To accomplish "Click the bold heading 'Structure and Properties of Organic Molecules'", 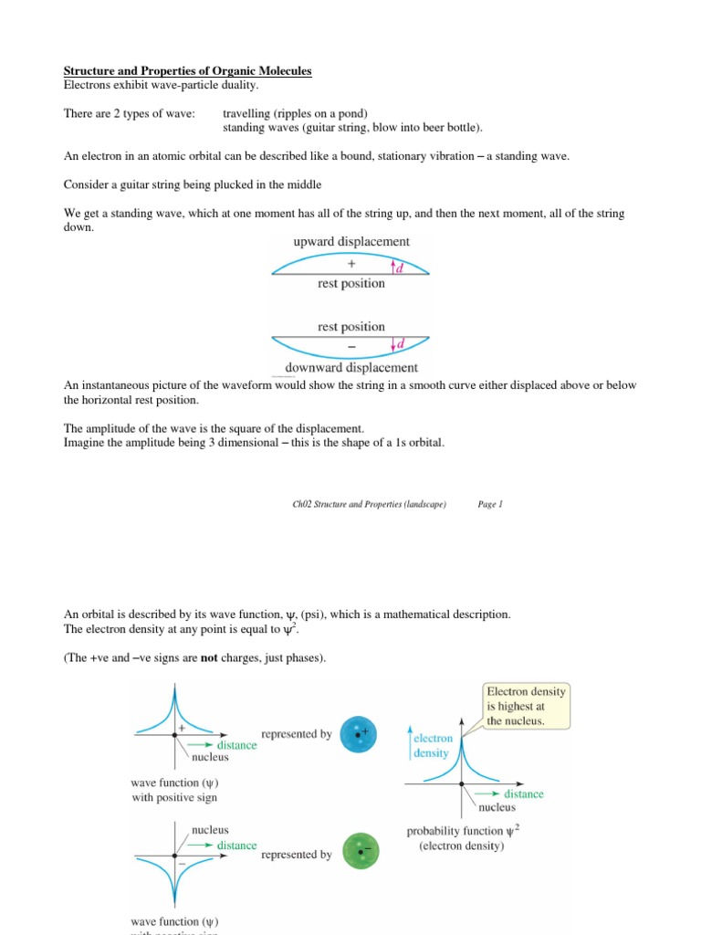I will click(x=187, y=71).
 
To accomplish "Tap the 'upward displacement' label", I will click(x=350, y=242).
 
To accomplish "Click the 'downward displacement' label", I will click(x=350, y=367).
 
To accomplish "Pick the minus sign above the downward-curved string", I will click(x=351, y=345).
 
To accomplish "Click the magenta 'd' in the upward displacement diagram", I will click(x=400, y=268).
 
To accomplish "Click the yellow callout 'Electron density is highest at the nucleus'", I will click(x=527, y=706).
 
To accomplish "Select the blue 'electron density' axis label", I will click(x=433, y=746).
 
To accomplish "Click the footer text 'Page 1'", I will click(x=490, y=503).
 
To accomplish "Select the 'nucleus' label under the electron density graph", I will click(x=497, y=807).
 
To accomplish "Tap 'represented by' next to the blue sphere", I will click(x=296, y=734).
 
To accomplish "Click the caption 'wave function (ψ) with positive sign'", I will click(x=176, y=790).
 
